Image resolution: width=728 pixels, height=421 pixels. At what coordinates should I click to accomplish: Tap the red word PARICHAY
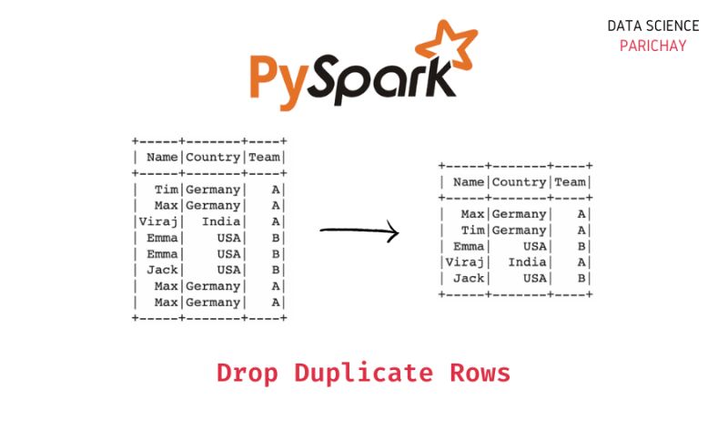coord(652,46)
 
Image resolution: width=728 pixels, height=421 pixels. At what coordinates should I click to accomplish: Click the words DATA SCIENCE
coord(653,26)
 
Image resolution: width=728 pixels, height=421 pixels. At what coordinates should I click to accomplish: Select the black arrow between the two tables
coord(359,231)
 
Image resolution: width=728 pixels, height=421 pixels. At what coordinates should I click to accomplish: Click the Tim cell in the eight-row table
coord(167,190)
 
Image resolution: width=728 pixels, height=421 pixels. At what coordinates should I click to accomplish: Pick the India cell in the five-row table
coord(527,262)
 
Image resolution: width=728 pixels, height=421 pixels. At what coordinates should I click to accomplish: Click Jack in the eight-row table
coord(163,270)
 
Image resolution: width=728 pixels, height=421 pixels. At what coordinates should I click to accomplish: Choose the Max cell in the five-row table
coord(472,214)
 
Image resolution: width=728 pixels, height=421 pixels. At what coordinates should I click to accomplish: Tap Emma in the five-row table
coord(469,246)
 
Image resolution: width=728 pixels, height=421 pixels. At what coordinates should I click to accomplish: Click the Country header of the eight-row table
coord(214,158)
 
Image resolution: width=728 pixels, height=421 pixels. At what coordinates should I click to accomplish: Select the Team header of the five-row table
coord(570,182)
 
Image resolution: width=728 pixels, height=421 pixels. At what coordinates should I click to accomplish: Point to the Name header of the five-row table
coord(469,182)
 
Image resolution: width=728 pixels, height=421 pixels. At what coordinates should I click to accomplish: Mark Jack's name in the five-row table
coord(469,278)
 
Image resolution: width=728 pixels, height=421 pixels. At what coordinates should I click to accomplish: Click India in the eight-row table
coord(221,221)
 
